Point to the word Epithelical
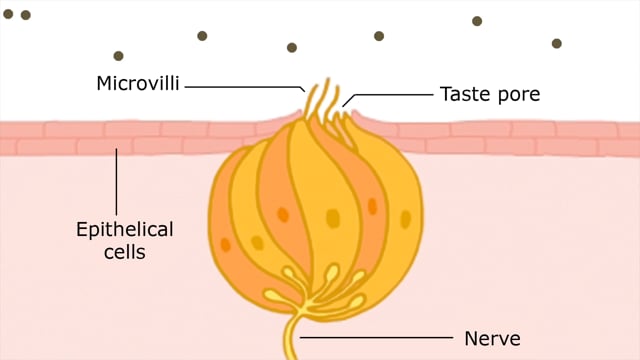tap(125, 230)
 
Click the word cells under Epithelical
tap(125, 252)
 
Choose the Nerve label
tap(492, 338)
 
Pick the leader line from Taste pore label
tap(390, 95)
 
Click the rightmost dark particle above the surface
tap(557, 44)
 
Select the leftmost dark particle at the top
tap(9, 14)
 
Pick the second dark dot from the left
tap(26, 15)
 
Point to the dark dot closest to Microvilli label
tap(118, 56)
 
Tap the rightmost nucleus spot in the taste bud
tap(405, 218)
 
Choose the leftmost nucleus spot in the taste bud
tap(226, 244)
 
